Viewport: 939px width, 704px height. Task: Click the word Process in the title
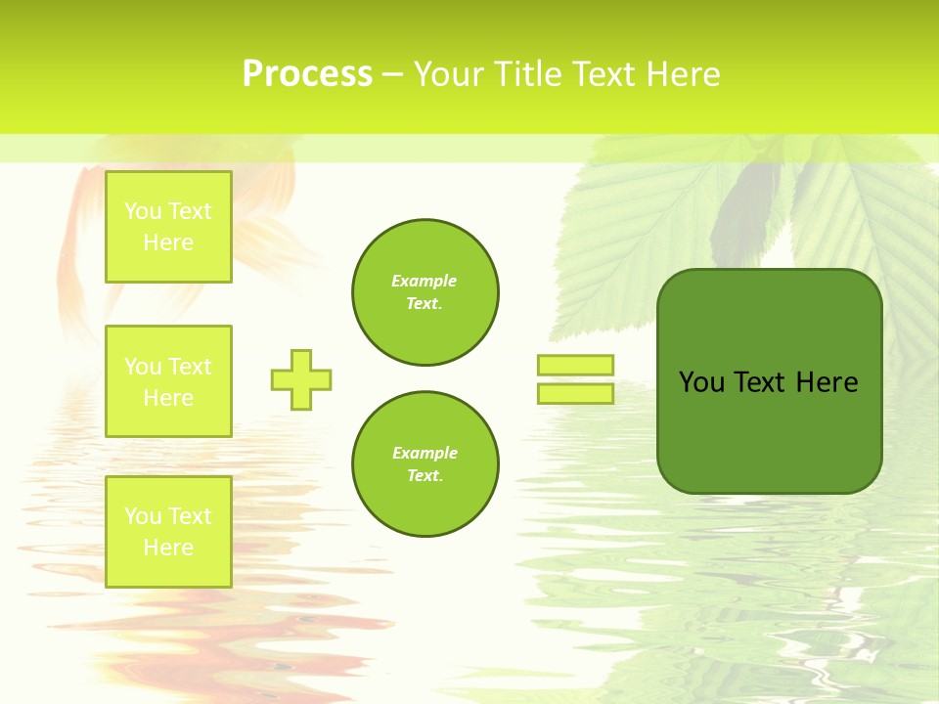click(x=307, y=74)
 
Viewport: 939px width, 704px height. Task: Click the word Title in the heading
click(x=527, y=74)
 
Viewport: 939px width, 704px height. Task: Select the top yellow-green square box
click(x=168, y=227)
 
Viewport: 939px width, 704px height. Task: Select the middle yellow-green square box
click(x=168, y=381)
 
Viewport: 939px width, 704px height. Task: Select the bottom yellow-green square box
click(x=168, y=531)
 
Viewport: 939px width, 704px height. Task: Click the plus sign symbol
click(x=301, y=379)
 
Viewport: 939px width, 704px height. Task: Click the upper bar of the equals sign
click(x=575, y=365)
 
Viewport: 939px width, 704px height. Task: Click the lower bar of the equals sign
click(x=575, y=393)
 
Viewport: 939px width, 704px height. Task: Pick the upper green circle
click(x=425, y=291)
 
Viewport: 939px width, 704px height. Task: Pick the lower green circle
click(x=425, y=463)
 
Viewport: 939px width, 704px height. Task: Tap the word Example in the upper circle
click(x=424, y=281)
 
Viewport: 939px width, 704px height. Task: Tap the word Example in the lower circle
click(x=424, y=453)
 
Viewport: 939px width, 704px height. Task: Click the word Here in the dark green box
click(x=827, y=382)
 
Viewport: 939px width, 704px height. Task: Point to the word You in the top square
click(x=143, y=211)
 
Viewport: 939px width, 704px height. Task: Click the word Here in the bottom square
click(x=168, y=548)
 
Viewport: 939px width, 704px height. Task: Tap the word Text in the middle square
click(x=190, y=367)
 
